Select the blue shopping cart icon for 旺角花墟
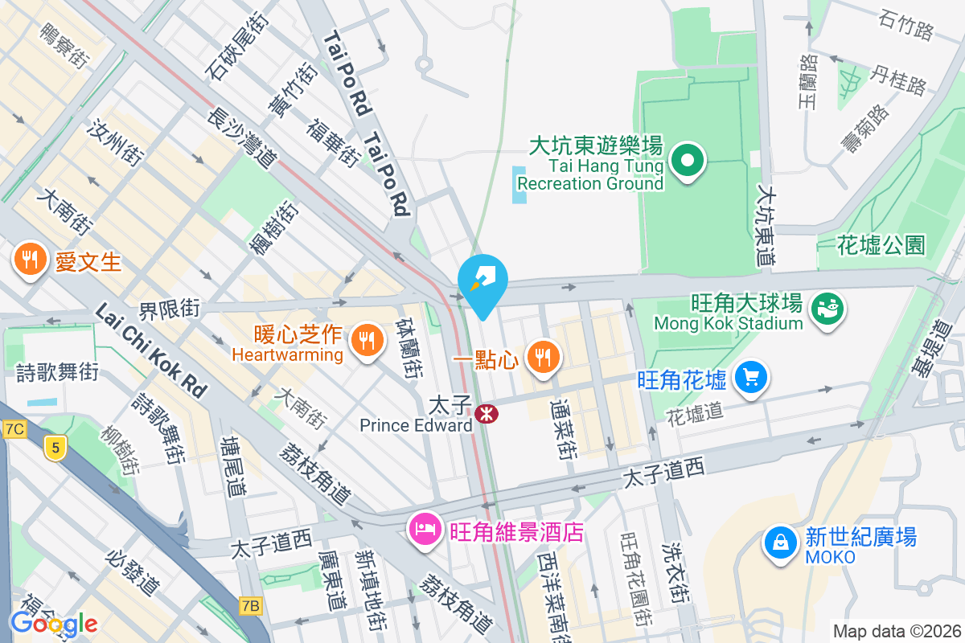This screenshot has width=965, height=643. (752, 377)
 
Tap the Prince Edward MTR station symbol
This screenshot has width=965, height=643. (486, 414)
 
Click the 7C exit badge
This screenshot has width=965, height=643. (14, 430)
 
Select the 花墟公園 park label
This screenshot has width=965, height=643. (881, 245)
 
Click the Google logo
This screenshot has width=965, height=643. (54, 623)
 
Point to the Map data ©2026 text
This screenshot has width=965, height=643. (896, 632)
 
